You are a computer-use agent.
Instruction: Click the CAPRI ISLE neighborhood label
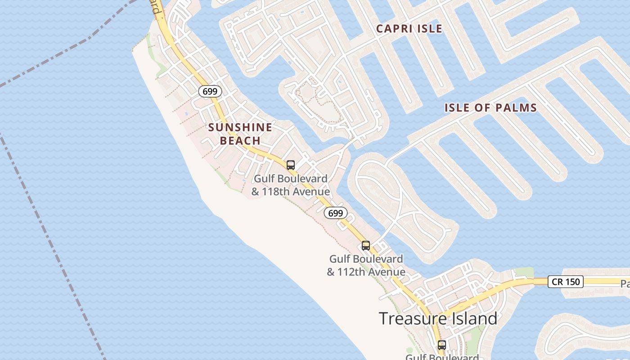409,28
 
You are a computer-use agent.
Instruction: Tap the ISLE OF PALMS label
490,108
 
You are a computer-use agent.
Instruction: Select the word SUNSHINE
240,127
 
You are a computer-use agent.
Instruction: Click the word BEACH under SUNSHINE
240,141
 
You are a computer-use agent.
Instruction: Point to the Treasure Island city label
438,319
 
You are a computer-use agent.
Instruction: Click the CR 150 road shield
566,282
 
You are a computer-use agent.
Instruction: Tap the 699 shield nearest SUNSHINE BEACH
210,91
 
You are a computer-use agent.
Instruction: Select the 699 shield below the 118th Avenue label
336,213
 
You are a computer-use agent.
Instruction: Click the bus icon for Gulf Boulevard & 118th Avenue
291,165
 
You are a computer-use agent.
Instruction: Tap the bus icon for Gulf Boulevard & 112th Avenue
366,246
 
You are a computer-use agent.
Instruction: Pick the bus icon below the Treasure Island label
442,345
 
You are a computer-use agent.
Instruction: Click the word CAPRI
391,28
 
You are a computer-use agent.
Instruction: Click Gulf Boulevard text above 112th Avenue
366,259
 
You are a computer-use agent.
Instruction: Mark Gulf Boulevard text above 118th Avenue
291,179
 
